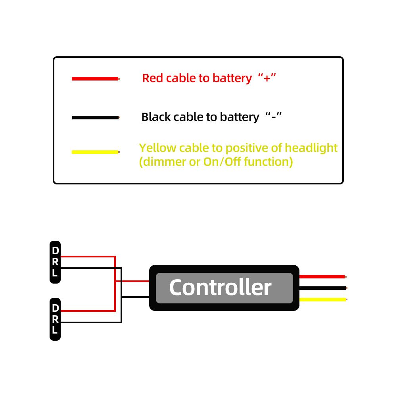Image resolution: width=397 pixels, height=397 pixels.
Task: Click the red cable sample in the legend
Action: (95, 79)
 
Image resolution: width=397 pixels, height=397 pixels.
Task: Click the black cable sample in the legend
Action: (95, 118)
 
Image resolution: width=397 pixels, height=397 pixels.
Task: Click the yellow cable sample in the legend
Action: (95, 152)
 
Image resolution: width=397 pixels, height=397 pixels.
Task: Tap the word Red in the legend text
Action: (153, 78)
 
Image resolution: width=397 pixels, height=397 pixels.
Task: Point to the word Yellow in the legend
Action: (157, 148)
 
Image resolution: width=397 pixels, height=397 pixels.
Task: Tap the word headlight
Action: (311, 148)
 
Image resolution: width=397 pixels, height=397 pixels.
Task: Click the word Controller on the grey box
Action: (220, 287)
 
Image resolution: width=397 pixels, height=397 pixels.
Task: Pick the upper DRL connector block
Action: (55, 262)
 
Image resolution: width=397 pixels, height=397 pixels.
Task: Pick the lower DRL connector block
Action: (55, 319)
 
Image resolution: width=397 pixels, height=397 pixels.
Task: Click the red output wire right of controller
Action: (322, 276)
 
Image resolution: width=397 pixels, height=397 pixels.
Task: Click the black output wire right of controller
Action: (322, 288)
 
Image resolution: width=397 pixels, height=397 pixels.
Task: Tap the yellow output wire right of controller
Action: (322, 299)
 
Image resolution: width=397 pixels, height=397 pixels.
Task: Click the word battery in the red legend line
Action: (232, 78)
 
